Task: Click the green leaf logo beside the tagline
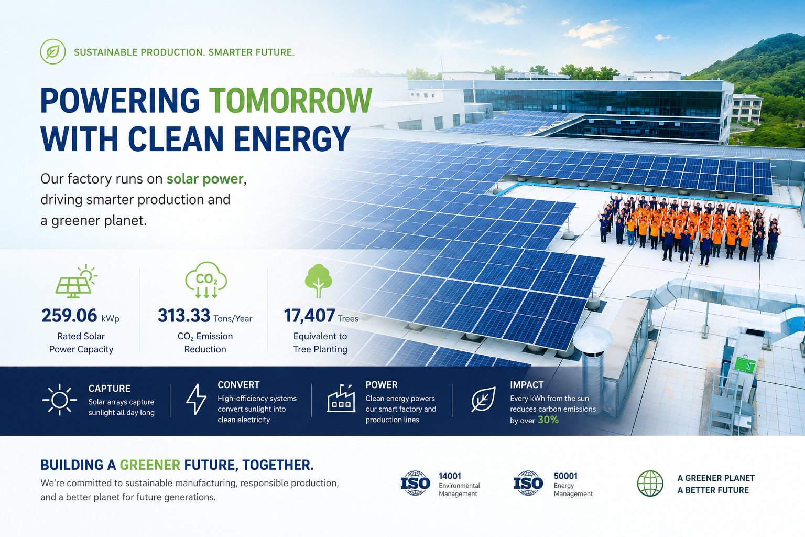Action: point(53,51)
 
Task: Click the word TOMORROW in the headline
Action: point(290,100)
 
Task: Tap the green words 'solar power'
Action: point(205,179)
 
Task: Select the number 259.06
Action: point(69,316)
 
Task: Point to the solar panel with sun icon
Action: point(76,281)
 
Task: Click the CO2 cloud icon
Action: point(206,280)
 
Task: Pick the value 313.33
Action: point(184,316)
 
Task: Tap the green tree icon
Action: point(318,281)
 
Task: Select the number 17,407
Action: point(309,316)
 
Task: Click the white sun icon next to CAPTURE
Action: point(59,400)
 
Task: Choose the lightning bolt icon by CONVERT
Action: point(196,399)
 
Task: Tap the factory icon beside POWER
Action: point(341,398)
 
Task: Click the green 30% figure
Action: point(548,420)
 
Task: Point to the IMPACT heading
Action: point(527,385)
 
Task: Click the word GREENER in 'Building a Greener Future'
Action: point(150,465)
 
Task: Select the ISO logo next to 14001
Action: point(416,483)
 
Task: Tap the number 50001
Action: point(565,476)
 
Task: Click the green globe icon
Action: point(650,484)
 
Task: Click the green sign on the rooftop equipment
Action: point(744,364)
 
